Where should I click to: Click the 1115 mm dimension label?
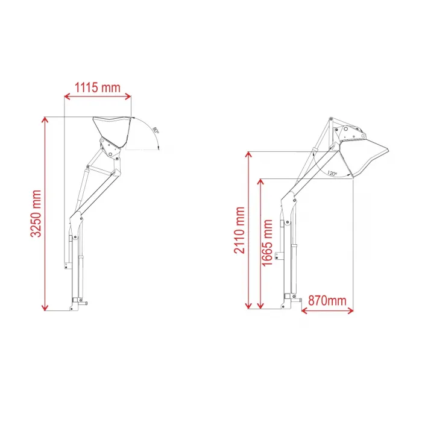click(x=97, y=88)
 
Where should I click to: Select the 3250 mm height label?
click(x=36, y=213)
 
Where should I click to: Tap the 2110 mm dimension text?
click(x=239, y=230)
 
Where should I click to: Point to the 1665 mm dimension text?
click(x=267, y=243)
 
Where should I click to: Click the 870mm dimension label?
click(x=327, y=301)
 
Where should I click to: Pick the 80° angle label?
click(x=156, y=130)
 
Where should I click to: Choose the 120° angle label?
click(x=332, y=173)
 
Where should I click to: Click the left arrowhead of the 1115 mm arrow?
click(x=67, y=96)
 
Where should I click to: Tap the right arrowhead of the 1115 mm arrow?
click(x=128, y=96)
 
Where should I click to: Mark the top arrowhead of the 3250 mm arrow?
click(x=45, y=120)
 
